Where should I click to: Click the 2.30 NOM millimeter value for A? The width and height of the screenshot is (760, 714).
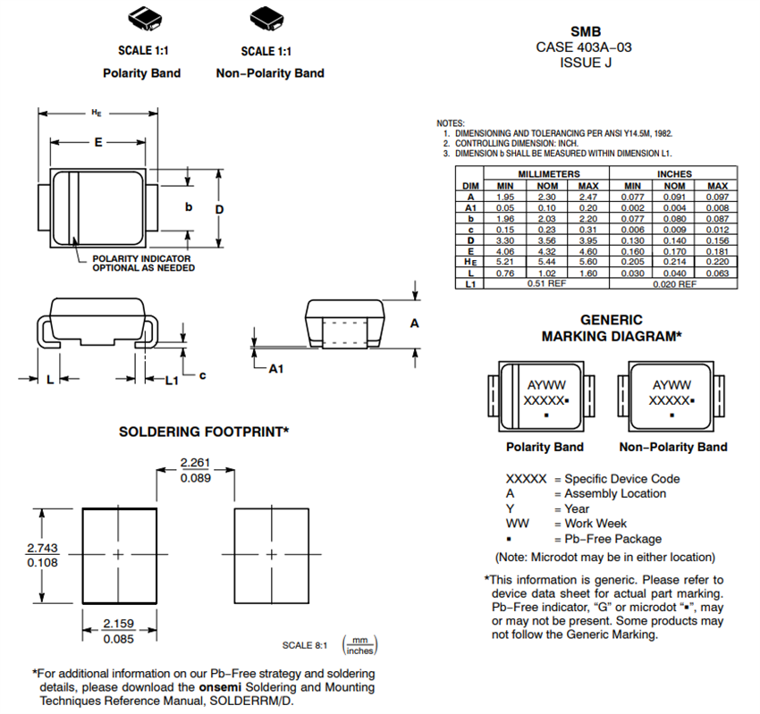[546, 196]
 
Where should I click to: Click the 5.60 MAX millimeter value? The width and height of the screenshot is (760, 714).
[587, 261]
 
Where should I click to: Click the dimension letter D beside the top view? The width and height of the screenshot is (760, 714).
[220, 209]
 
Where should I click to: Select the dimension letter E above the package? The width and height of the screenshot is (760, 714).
[98, 142]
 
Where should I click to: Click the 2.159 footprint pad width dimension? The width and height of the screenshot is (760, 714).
[118, 623]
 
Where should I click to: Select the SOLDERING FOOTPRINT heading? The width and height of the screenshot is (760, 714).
[204, 432]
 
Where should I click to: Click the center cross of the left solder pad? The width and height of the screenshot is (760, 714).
[118, 555]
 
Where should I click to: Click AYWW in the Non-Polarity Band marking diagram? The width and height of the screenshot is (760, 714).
[671, 385]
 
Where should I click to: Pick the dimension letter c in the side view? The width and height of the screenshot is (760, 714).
[202, 376]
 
